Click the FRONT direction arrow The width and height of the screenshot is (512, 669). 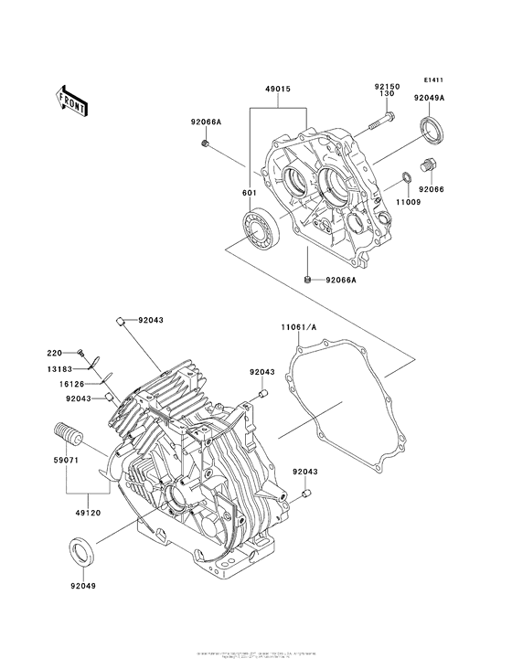pos(72,98)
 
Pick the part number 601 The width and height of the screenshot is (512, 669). pos(249,193)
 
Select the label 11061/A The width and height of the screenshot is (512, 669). pos(298,325)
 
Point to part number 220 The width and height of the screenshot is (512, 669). pos(54,351)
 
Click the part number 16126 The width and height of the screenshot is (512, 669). pos(74,385)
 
